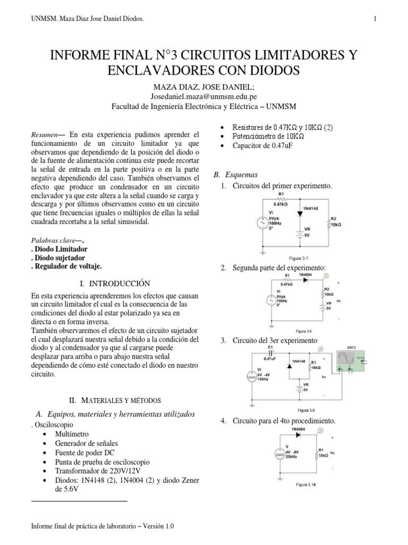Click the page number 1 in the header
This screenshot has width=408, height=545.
[375, 19]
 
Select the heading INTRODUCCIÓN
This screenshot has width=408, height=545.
[116, 283]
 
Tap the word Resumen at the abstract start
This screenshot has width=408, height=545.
[44, 135]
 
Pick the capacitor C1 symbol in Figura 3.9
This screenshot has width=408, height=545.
[270, 352]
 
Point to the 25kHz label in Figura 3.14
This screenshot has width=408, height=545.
[292, 457]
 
